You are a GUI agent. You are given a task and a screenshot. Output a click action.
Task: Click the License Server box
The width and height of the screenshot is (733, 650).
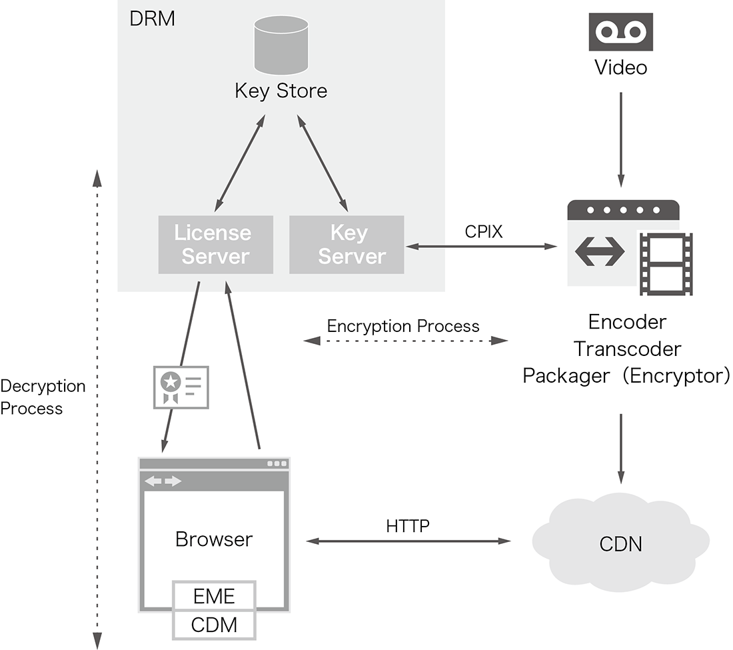[215, 244]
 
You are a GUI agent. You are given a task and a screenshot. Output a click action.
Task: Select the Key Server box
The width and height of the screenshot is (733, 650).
[347, 244]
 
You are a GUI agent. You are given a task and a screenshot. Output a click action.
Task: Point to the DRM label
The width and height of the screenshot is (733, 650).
[153, 18]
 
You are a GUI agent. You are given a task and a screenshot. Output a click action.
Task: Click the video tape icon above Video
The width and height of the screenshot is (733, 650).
[620, 31]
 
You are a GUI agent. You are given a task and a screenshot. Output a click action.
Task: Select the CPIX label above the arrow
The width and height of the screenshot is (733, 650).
[484, 231]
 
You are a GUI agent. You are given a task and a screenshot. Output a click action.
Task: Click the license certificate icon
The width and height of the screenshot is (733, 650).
[181, 386]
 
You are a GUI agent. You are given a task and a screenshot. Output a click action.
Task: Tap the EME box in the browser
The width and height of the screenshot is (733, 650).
[214, 595]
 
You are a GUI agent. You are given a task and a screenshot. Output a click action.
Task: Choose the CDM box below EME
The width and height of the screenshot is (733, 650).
[214, 625]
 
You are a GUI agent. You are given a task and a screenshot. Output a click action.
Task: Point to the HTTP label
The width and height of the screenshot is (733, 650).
[408, 525]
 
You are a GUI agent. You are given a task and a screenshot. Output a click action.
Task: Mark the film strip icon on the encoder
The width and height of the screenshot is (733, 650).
[666, 263]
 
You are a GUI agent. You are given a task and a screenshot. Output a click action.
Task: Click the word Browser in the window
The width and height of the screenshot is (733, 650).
[214, 539]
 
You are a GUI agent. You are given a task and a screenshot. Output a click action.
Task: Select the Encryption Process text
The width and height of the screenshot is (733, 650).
[403, 326]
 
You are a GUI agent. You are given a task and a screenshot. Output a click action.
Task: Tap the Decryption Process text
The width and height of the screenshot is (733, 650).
[43, 397]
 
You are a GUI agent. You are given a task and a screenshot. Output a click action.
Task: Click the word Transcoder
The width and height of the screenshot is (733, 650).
[628, 349]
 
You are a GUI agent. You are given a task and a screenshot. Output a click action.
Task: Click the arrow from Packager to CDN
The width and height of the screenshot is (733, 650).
[620, 447]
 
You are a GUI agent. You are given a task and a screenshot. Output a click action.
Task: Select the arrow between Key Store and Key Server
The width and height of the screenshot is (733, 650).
[326, 163]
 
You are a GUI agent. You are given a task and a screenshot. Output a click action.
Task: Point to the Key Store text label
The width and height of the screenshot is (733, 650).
[281, 91]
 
